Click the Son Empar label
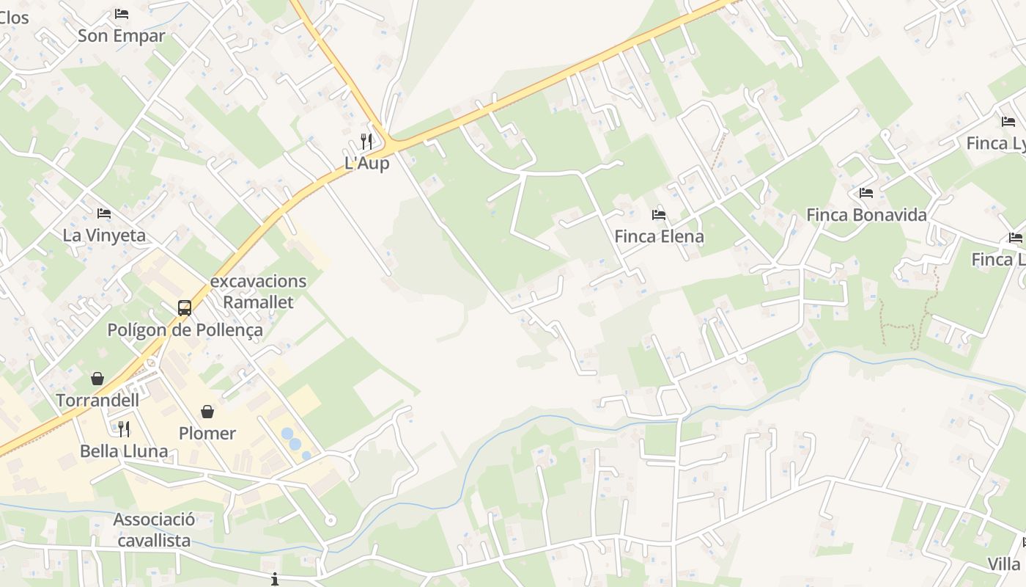(x=121, y=35)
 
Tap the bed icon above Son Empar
(x=122, y=13)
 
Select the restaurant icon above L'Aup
(x=366, y=141)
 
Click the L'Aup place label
(x=366, y=163)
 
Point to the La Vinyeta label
(x=104, y=235)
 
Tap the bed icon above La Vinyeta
(x=104, y=214)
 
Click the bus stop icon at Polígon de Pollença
(x=185, y=308)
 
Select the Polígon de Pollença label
(x=185, y=329)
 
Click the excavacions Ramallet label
(x=258, y=291)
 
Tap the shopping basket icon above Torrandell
(x=97, y=379)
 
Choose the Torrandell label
(x=97, y=400)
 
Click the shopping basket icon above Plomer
(x=207, y=412)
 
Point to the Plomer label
(x=207, y=433)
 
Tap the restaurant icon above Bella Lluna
(x=124, y=429)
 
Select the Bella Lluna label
(x=124, y=451)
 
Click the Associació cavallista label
(x=154, y=530)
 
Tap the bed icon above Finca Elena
(x=659, y=215)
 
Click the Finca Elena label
(x=659, y=236)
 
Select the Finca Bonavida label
(x=866, y=215)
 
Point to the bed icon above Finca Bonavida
(x=866, y=193)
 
